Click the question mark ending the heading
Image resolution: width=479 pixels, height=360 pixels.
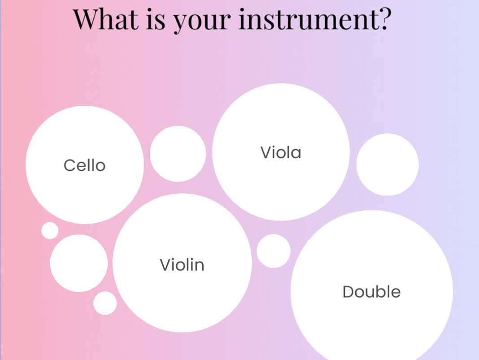click(x=383, y=19)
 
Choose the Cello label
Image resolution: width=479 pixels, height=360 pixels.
click(x=85, y=165)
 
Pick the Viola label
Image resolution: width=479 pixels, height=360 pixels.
click(x=281, y=152)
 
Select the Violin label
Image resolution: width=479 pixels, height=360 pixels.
click(x=182, y=265)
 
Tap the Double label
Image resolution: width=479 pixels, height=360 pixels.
click(x=371, y=291)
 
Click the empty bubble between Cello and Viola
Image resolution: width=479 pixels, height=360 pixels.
click(x=178, y=154)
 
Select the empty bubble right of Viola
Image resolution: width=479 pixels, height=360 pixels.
click(x=388, y=165)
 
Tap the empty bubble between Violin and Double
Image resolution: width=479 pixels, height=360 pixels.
click(x=274, y=251)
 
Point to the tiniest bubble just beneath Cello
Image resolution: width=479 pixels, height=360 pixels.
click(x=50, y=230)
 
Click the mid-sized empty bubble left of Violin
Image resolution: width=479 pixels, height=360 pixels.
click(x=79, y=263)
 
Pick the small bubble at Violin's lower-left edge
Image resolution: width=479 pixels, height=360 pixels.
click(x=105, y=303)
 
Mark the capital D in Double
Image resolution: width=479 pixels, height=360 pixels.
click(x=349, y=291)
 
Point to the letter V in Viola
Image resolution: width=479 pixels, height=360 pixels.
click(x=267, y=152)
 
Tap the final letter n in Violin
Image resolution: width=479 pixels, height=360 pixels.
click(x=200, y=266)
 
